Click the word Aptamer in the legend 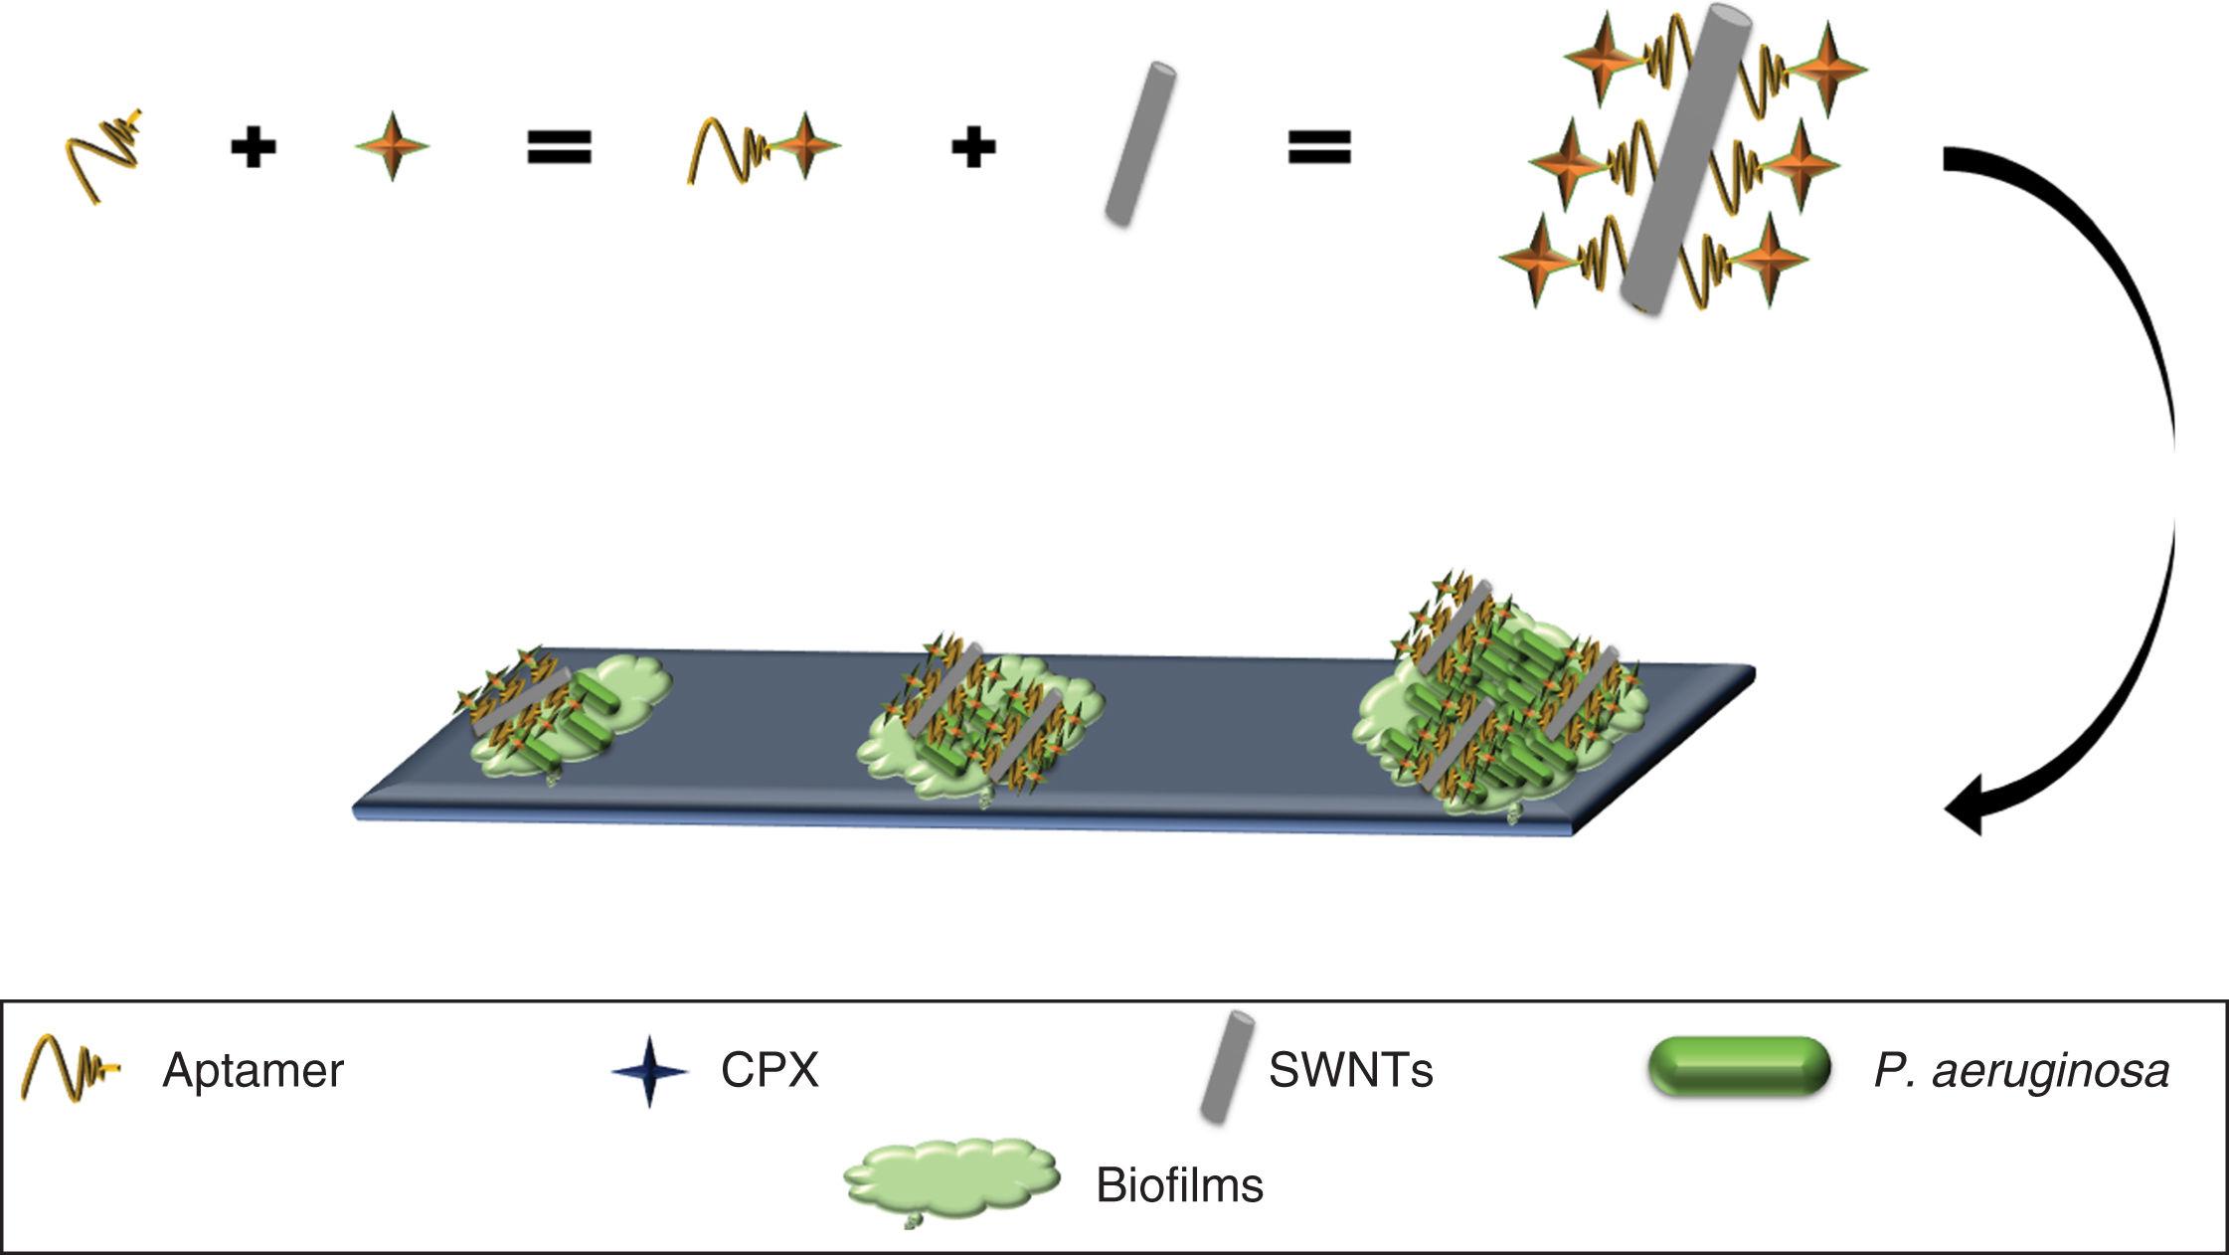pos(253,1071)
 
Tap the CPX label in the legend pos(770,1071)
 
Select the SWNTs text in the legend pos(1350,1071)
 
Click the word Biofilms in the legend pos(1179,1185)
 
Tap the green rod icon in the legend pos(1739,1067)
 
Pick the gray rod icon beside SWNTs pos(1227,1067)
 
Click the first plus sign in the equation pos(253,149)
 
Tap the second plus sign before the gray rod pos(973,148)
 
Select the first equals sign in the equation pos(559,148)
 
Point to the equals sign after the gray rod pos(1319,148)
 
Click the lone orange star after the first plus pos(393,146)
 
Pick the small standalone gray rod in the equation pos(1140,143)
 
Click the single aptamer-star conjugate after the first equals pos(764,149)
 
